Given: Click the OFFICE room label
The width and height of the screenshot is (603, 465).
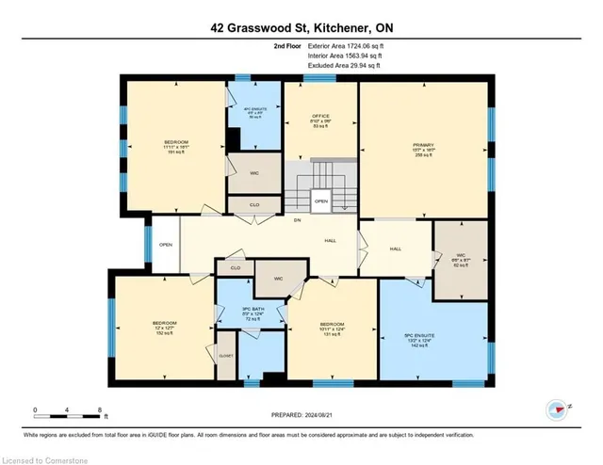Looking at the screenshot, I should click(320, 116).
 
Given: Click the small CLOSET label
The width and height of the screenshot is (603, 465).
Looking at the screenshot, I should click(226, 357).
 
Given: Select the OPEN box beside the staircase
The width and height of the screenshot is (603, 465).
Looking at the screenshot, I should click(321, 200).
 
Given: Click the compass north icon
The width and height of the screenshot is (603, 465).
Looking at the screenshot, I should click(556, 409).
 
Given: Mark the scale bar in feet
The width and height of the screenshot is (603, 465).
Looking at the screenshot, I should click(71, 411).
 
